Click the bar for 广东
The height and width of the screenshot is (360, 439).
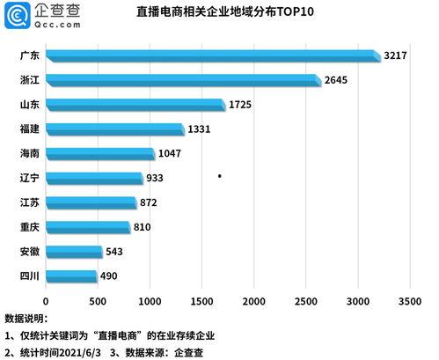coord(211,56)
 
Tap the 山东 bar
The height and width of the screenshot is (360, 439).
coord(134,106)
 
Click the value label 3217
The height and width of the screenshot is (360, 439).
coord(395,56)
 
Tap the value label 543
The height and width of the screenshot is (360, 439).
coord(116,252)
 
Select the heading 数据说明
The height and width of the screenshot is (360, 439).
coord(26,318)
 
